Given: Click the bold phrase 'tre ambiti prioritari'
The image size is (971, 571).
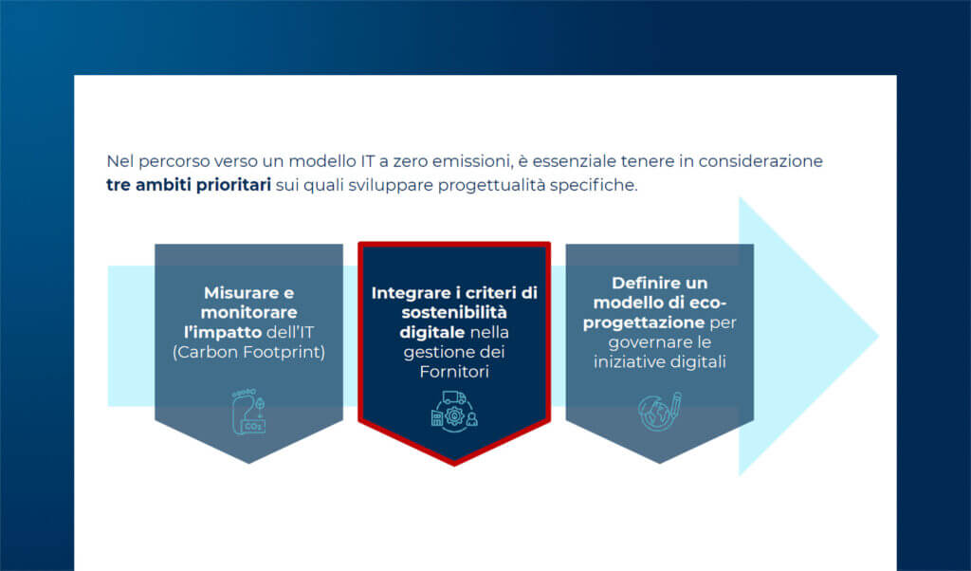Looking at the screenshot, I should click(189, 184).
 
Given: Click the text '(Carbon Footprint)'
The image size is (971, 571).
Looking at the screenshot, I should click(248, 351).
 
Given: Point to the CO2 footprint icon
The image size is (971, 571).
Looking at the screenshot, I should click(249, 410).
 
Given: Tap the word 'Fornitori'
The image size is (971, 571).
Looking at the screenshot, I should click(453, 372).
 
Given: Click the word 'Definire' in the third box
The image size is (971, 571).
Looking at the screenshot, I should click(647, 283).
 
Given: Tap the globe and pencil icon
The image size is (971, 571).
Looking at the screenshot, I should click(660, 410).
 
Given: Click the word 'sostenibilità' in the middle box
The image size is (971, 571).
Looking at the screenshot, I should click(453, 313).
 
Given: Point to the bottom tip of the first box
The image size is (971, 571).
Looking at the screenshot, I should click(249, 461).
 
